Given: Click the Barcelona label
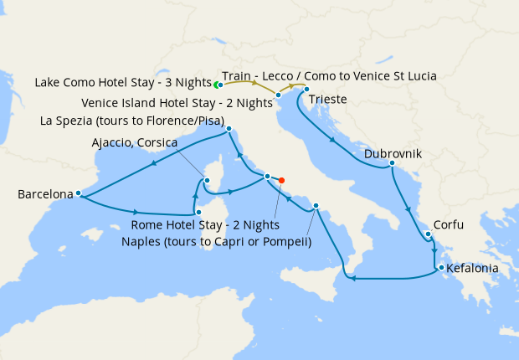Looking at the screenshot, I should (44, 195).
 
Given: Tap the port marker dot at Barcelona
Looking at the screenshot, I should (78, 193).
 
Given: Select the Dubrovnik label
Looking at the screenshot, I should (393, 155).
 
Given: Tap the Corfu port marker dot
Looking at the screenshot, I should (428, 234).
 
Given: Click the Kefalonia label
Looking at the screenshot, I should (473, 270).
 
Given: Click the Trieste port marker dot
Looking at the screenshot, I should (307, 90).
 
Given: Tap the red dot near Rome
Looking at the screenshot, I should (282, 180).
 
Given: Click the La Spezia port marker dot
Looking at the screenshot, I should (229, 129).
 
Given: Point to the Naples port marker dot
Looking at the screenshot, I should (316, 206).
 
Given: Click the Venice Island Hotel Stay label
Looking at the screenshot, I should (178, 104).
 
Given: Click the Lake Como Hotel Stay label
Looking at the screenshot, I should (122, 83).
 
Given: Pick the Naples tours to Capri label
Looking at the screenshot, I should (221, 243).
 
